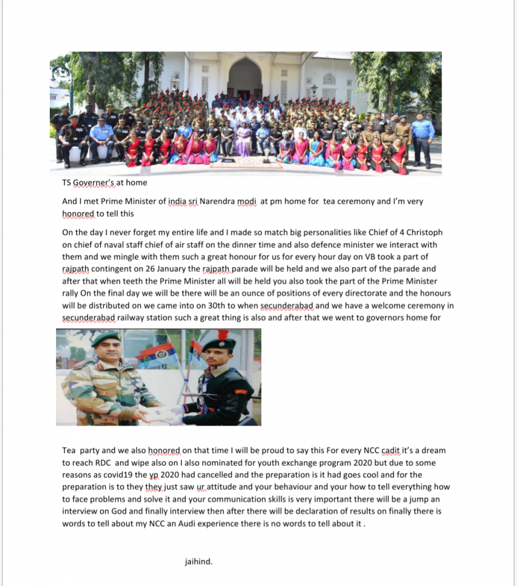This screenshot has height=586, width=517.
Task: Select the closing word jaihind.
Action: click(x=198, y=561)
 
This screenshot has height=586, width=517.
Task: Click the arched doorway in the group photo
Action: click(x=245, y=77)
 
